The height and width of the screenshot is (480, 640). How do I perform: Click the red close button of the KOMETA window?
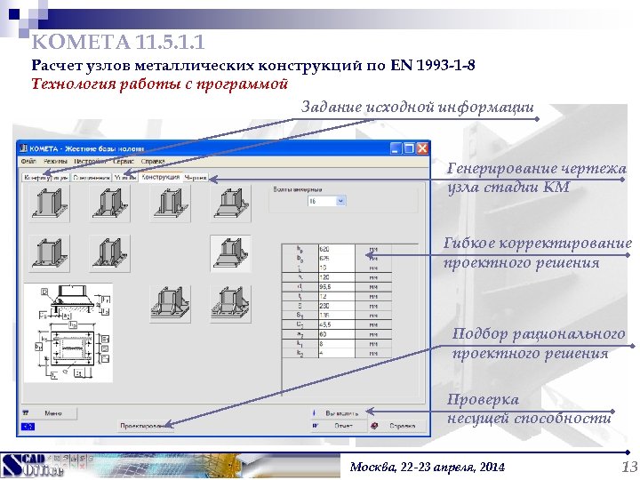tap(421, 148)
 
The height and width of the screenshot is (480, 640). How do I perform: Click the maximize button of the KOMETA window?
tap(409, 148)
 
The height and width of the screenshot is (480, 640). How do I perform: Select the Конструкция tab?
tap(160, 177)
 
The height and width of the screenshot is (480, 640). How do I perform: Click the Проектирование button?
tap(146, 427)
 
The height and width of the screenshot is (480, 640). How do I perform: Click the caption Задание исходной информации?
tap(418, 108)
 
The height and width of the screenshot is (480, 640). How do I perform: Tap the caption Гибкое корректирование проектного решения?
tap(537, 252)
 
